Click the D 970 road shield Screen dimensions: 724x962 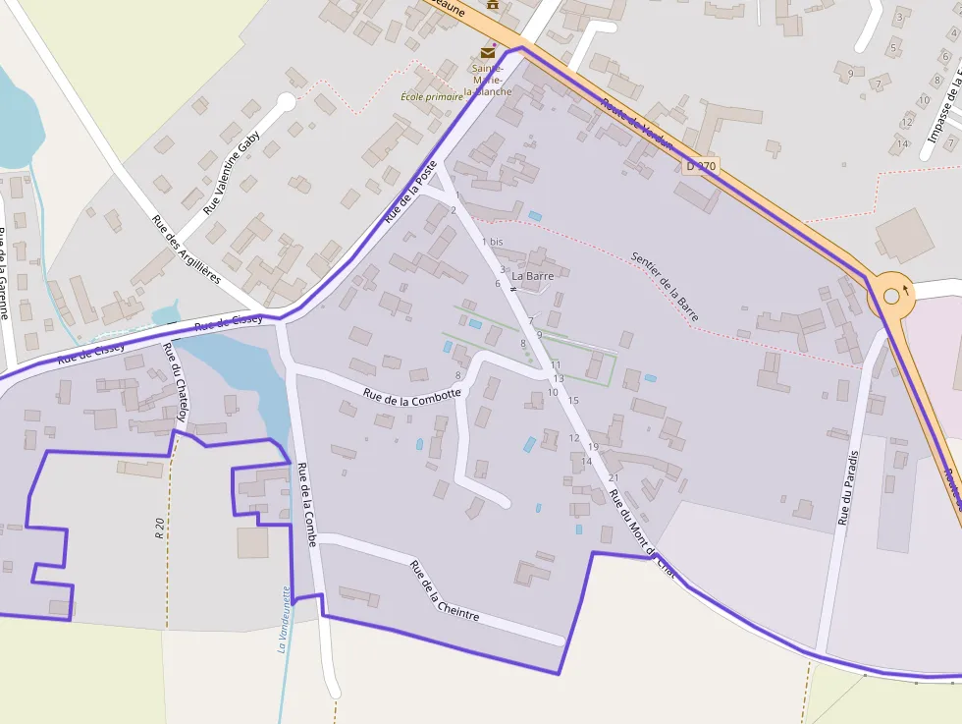(701, 166)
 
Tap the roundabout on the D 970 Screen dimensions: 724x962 (891, 295)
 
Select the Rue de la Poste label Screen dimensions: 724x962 (410, 193)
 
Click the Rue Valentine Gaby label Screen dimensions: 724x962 (232, 172)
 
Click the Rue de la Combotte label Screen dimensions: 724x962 (411, 394)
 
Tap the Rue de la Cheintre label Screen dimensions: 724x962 (444, 590)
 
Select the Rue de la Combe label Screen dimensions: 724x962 (308, 505)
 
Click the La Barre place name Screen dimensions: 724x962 (533, 276)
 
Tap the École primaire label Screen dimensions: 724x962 (432, 96)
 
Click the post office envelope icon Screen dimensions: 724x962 (488, 53)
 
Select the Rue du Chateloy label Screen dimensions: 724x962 (176, 382)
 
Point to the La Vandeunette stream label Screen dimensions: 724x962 (284, 619)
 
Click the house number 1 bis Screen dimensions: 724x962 (492, 242)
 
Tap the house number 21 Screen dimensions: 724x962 (614, 478)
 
